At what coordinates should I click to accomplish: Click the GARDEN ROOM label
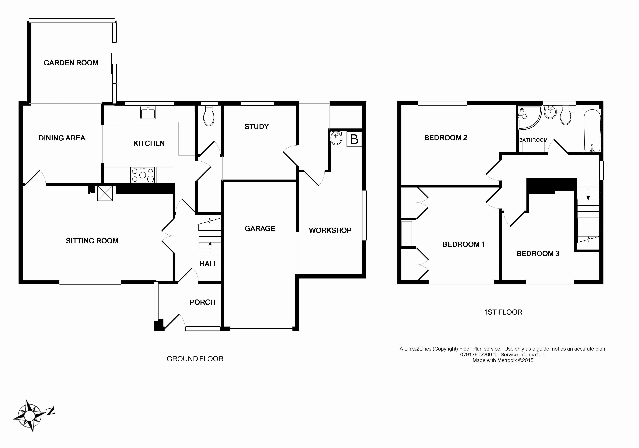pos(71,63)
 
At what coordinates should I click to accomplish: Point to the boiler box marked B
pos(354,139)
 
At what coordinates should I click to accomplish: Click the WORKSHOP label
pos(330,230)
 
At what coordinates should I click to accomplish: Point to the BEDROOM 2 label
pos(446,138)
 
